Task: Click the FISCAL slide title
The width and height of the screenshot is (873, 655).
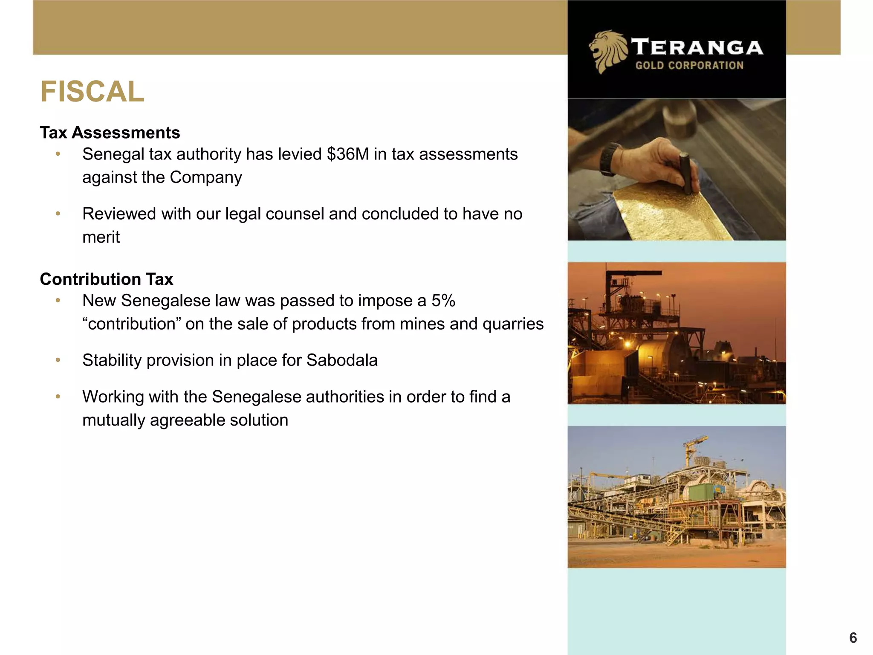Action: (x=92, y=92)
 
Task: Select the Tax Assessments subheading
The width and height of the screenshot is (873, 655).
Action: (x=110, y=133)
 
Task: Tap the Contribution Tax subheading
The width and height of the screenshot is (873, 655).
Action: (x=107, y=279)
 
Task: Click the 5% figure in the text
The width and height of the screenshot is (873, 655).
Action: (x=443, y=301)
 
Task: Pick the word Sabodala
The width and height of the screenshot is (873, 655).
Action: (x=342, y=361)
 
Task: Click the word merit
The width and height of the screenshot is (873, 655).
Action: (x=101, y=238)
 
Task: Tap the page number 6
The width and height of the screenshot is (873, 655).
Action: (x=853, y=638)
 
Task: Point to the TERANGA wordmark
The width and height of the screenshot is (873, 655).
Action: (x=697, y=47)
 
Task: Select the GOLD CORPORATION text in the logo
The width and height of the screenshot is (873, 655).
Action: (x=689, y=66)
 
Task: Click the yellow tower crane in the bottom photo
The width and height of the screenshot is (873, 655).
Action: (x=693, y=448)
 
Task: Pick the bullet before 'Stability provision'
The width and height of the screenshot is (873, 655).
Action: (x=58, y=361)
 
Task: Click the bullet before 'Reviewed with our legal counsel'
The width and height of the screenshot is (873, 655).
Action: (x=58, y=214)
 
